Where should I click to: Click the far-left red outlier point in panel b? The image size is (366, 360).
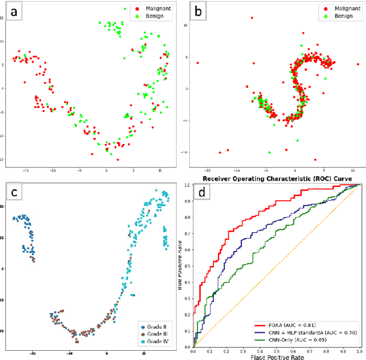pos(198,63)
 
